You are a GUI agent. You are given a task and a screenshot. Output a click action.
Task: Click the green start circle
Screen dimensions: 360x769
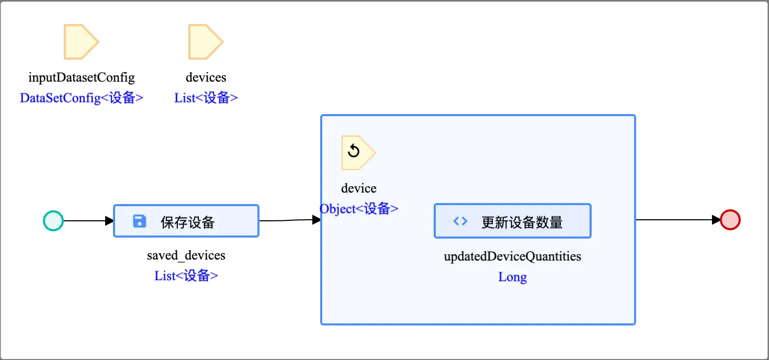click(53, 221)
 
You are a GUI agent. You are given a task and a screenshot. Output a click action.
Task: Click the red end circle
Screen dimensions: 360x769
click(730, 220)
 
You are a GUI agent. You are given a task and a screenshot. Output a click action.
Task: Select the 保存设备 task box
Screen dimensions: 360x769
click(186, 221)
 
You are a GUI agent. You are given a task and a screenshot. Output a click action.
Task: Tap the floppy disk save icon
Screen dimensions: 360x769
click(140, 221)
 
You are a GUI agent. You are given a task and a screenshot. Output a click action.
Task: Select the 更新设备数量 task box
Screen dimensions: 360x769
click(513, 221)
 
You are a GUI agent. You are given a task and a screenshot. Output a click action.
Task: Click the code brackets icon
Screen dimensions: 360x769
click(460, 221)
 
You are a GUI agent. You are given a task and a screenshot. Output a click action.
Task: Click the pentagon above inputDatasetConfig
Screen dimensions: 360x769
click(80, 41)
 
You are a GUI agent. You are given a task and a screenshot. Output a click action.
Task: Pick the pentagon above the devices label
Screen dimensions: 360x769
click(205, 41)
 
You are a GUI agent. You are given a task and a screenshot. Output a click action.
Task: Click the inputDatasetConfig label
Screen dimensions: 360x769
click(82, 77)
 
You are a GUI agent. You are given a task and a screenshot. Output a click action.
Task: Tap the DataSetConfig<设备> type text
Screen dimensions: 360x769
click(82, 98)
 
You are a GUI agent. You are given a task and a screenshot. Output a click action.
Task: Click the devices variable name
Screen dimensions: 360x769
click(206, 77)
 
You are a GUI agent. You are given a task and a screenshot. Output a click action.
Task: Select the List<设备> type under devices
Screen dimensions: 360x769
click(206, 98)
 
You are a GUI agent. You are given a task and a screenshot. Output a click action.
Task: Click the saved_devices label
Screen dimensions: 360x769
click(186, 255)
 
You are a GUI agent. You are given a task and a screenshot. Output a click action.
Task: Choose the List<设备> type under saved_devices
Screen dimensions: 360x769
click(186, 276)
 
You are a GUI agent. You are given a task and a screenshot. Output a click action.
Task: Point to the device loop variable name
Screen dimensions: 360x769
click(359, 188)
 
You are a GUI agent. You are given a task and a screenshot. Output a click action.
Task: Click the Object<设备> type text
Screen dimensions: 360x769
click(359, 209)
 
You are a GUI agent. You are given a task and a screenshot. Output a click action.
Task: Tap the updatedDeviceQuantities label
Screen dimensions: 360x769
click(513, 256)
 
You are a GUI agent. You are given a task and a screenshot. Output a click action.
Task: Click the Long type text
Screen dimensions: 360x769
click(513, 277)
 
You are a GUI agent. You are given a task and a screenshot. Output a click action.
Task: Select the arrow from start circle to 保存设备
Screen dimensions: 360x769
click(88, 221)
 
